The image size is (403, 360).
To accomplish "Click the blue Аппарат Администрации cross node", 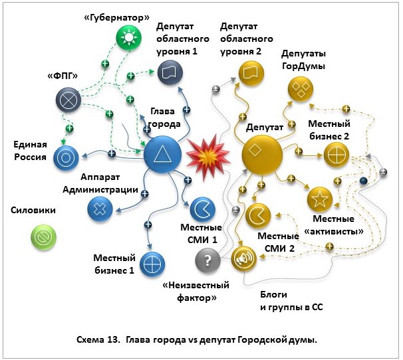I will click(100, 209).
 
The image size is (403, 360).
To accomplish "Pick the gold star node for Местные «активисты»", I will click(319, 198).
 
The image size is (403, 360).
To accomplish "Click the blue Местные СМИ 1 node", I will click(202, 209).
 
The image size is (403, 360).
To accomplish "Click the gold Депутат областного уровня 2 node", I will click(249, 71).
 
